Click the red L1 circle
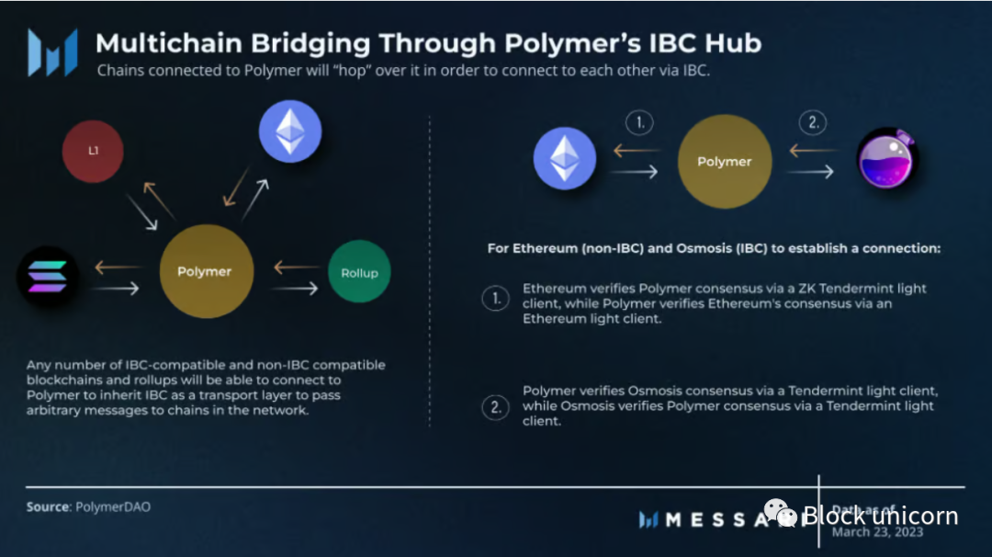(93, 151)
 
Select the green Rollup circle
(359, 272)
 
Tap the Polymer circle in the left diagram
(206, 271)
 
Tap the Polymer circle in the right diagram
(724, 162)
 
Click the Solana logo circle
(48, 277)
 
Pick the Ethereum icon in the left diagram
(290, 131)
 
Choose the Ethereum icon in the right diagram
(565, 159)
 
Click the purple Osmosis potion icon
(887, 159)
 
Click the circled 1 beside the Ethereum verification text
(496, 298)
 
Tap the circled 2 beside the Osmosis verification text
(496, 406)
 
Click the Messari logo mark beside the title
(52, 52)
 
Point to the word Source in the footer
(47, 507)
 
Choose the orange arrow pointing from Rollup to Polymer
(297, 268)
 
